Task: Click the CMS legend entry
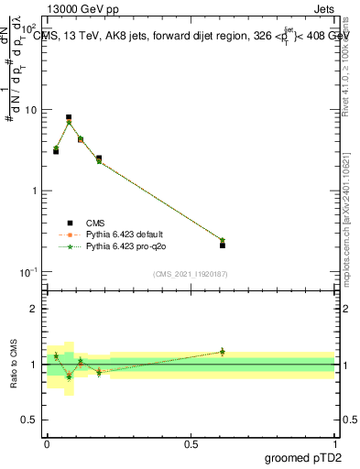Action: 94,223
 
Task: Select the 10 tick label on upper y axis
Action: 31,110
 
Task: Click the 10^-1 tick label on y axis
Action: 27,272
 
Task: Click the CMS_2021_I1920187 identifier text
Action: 191,274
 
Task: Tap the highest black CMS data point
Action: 69,117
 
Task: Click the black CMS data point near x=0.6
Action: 223,245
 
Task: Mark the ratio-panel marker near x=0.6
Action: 223,352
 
